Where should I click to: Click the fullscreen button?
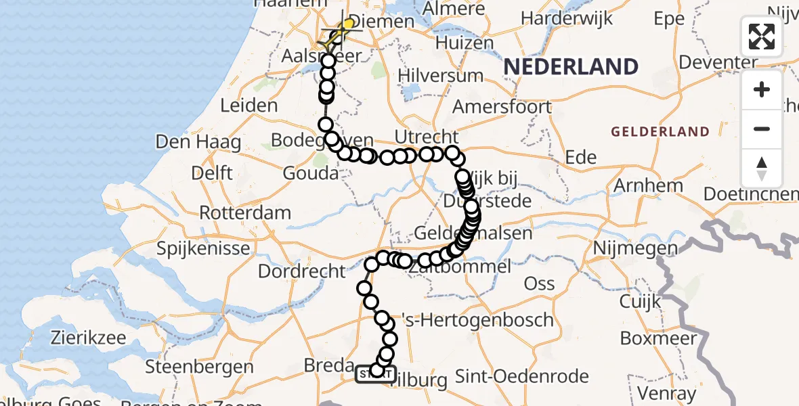(x=762, y=37)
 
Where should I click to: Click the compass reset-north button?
(x=762, y=168)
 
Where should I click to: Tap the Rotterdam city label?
(x=245, y=212)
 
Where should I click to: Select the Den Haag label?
(x=198, y=142)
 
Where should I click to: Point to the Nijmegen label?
(x=634, y=249)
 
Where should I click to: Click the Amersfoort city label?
(x=502, y=107)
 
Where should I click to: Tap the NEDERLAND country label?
(x=571, y=67)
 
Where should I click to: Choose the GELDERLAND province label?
(x=660, y=132)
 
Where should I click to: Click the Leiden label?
(x=249, y=106)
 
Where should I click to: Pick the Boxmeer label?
(x=655, y=338)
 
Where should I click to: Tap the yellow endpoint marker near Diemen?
(x=349, y=25)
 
